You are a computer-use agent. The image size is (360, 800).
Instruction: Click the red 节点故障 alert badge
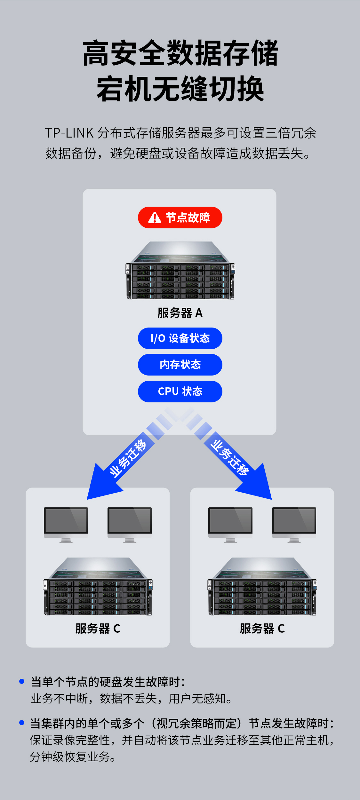(180, 218)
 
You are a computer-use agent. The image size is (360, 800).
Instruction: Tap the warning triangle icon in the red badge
(155, 218)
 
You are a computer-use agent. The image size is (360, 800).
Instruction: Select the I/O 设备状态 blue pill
(180, 338)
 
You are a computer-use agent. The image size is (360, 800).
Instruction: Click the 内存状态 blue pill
(180, 365)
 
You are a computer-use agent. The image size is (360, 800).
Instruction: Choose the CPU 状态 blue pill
(180, 391)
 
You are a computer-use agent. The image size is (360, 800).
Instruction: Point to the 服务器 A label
(180, 313)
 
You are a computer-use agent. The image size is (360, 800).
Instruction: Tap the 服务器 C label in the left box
(98, 629)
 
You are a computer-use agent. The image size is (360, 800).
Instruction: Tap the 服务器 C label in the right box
(262, 629)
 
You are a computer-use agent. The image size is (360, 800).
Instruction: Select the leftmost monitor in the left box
(66, 524)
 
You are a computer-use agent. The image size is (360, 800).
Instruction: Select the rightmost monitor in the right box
(294, 524)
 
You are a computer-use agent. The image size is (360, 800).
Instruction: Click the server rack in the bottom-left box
(98, 587)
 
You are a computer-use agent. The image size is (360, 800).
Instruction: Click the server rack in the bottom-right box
(262, 587)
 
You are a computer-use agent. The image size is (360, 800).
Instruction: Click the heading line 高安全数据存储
(180, 53)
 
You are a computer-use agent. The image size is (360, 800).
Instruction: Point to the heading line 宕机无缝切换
(180, 89)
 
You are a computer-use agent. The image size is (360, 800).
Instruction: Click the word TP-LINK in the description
(69, 133)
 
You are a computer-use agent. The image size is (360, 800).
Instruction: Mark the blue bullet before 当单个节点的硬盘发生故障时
(22, 681)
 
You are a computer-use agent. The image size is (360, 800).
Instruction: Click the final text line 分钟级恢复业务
(73, 757)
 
